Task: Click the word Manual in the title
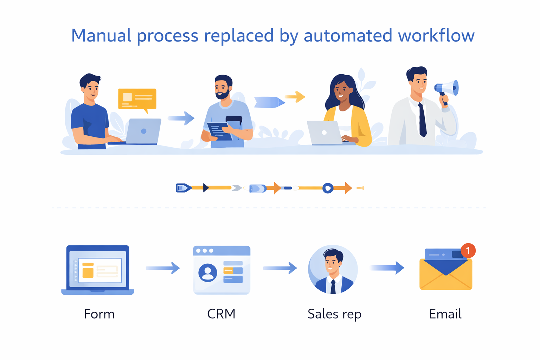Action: [101, 36]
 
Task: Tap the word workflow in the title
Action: [436, 36]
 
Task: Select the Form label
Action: [99, 314]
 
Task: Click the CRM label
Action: [221, 314]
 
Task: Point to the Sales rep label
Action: [334, 314]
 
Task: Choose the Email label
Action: [445, 314]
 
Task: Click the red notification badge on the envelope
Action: [468, 251]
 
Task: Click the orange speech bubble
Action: [137, 99]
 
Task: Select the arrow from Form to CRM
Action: [163, 268]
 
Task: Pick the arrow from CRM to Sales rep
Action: [280, 268]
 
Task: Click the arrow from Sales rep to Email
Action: [387, 268]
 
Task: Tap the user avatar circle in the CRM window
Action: [207, 273]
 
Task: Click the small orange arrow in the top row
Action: [295, 97]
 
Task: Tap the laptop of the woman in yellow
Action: [324, 133]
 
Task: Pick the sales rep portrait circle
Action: [333, 269]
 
